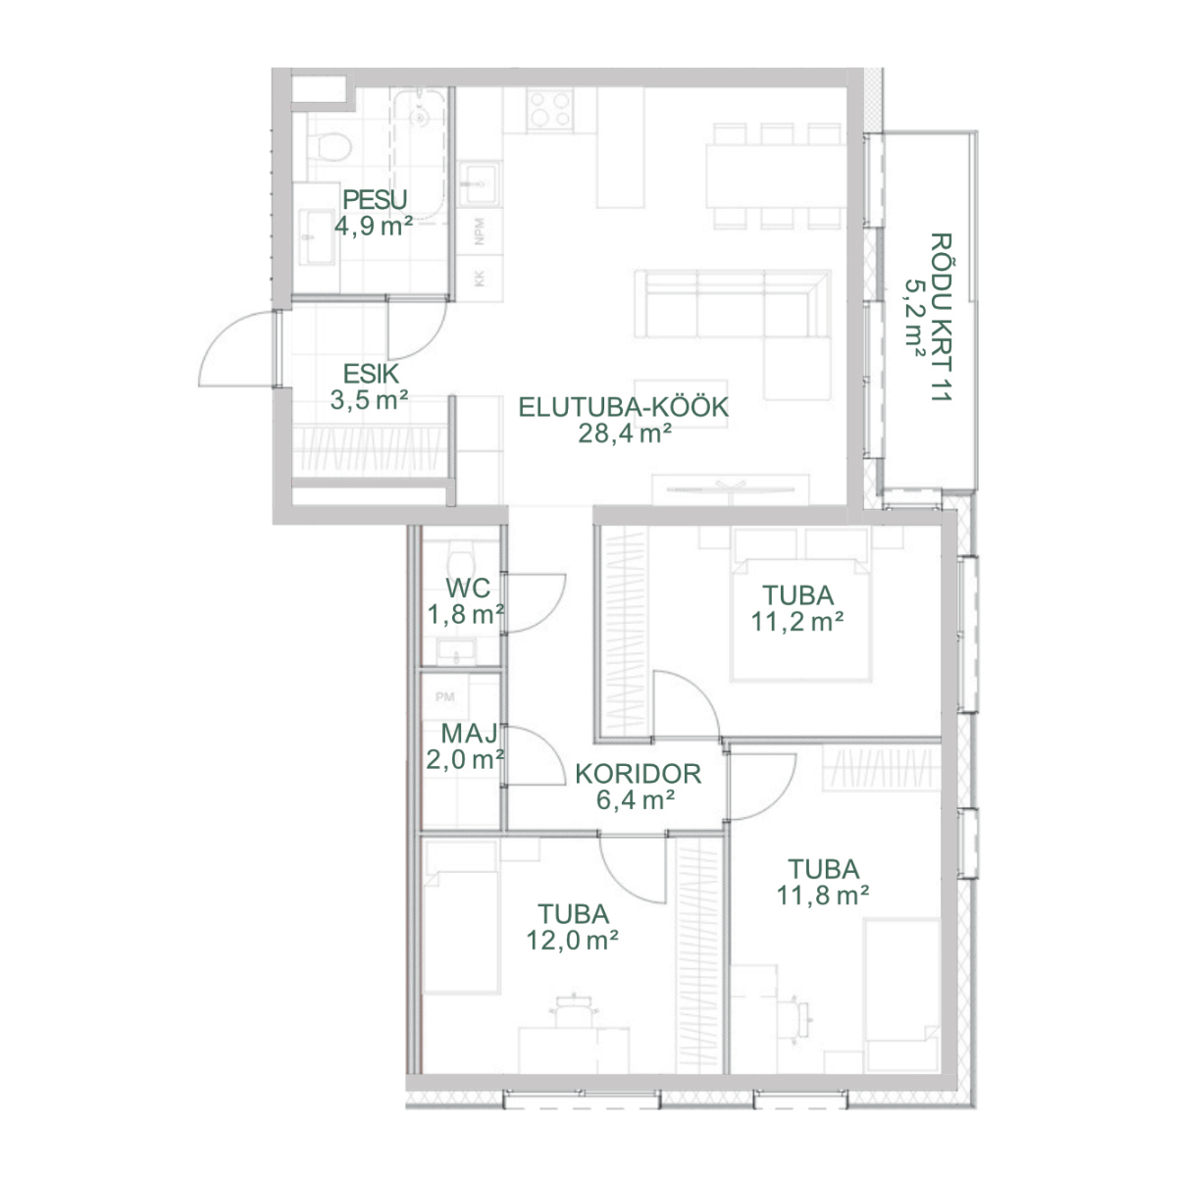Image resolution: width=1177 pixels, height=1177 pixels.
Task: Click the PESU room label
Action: point(375,200)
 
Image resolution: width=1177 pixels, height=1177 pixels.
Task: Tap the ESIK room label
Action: point(371,374)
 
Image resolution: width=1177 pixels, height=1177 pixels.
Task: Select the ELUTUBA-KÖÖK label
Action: point(624,407)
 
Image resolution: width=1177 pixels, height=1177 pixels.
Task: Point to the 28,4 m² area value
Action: point(625,434)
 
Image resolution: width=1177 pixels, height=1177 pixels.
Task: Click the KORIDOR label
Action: point(638,774)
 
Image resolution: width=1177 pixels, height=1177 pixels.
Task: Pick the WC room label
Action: point(468,588)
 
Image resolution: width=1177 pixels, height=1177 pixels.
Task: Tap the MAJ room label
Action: point(469,733)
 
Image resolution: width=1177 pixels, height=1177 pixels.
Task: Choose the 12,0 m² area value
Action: point(572,940)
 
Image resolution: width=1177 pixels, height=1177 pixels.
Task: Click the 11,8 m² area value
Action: point(823,896)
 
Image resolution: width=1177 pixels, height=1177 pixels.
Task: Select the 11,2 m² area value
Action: point(797,622)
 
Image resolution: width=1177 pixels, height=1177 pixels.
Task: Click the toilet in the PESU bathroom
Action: point(330,147)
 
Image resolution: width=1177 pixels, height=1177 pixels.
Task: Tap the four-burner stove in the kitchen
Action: point(550,109)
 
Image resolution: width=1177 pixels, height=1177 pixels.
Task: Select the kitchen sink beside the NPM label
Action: point(480,183)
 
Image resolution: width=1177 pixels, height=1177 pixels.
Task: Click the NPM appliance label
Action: point(480,230)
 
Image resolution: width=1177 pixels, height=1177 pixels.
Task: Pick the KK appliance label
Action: point(480,279)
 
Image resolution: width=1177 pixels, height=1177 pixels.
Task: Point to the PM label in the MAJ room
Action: point(444,696)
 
